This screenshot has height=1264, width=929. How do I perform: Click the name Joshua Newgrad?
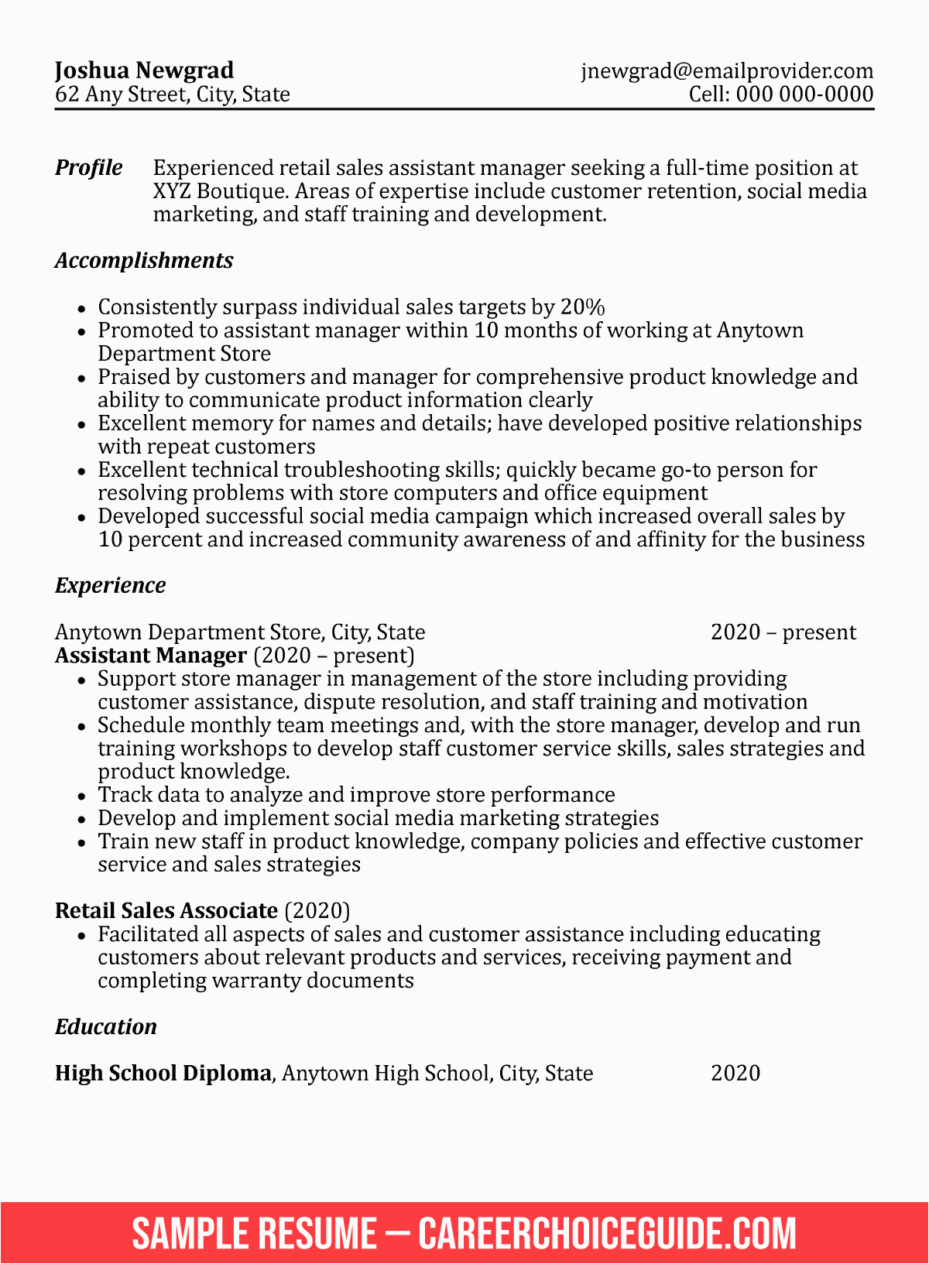click(x=144, y=70)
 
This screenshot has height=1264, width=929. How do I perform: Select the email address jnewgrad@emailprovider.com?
click(x=727, y=71)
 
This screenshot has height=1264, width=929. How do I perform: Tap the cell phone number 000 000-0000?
click(x=804, y=94)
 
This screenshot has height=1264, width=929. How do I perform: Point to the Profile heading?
click(x=88, y=168)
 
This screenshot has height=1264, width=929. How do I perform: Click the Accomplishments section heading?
click(x=144, y=261)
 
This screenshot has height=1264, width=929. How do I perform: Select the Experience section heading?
click(x=110, y=586)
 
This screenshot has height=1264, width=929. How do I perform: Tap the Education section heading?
click(x=105, y=1027)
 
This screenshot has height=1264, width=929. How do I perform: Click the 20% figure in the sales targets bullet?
click(x=582, y=307)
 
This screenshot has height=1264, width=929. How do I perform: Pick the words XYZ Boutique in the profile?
click(x=219, y=191)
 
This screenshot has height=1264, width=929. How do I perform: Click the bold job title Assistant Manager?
click(x=150, y=656)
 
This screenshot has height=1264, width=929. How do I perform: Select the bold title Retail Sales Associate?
click(x=166, y=911)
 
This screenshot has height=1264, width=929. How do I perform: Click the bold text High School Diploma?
click(x=163, y=1074)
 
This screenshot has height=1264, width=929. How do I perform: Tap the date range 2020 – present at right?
click(x=783, y=632)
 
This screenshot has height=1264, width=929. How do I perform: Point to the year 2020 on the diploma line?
click(x=735, y=1074)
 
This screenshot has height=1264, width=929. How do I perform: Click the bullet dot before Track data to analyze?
click(x=82, y=796)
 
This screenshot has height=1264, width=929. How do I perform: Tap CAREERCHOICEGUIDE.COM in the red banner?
click(x=608, y=1233)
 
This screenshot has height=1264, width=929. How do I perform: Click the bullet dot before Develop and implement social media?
click(x=82, y=820)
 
